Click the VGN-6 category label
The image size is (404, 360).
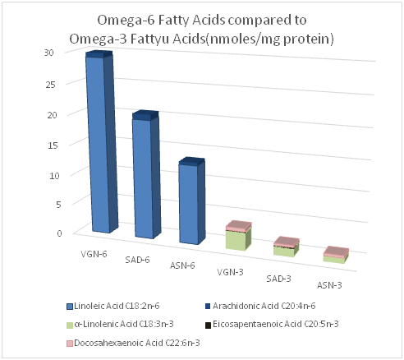(94, 254)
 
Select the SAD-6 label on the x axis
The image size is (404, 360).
(137, 260)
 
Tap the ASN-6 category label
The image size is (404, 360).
(182, 265)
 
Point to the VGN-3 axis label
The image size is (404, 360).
(230, 272)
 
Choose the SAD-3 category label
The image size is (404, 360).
(278, 279)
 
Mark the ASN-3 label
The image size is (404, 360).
(329, 285)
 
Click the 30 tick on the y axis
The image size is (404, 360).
(49, 53)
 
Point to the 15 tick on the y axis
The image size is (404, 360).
(53, 145)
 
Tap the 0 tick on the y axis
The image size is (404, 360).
(59, 233)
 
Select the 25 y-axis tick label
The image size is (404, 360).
(50, 84)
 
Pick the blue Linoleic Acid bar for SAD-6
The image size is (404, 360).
(145, 178)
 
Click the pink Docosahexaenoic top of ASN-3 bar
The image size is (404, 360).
(336, 252)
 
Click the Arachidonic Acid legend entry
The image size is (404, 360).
(260, 306)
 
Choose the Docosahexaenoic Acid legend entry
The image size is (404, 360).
(133, 343)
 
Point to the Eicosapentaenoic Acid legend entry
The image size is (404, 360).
(272, 324)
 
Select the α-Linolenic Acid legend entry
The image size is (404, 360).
(120, 325)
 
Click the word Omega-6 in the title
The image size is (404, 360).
(125, 21)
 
